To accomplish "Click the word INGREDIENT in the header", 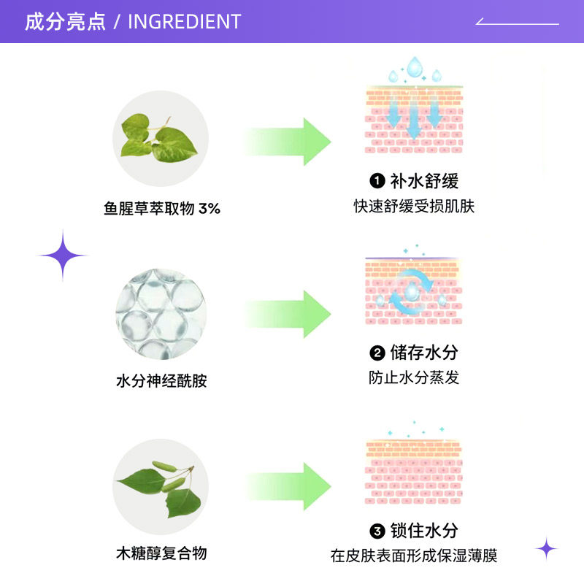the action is [x=184, y=22].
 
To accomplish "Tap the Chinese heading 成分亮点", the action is [x=66, y=22].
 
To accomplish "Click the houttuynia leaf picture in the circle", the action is [x=160, y=139].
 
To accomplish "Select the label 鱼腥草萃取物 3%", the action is [x=162, y=209].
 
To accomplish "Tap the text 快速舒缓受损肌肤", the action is [x=414, y=207].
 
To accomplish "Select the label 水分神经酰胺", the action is [x=161, y=381].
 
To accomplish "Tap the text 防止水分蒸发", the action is [x=414, y=378].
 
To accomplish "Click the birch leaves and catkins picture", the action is [x=160, y=485].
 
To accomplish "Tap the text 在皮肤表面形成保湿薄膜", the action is [x=414, y=556].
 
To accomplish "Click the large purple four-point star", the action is [x=63, y=255].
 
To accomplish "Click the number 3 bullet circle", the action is [x=377, y=531].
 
